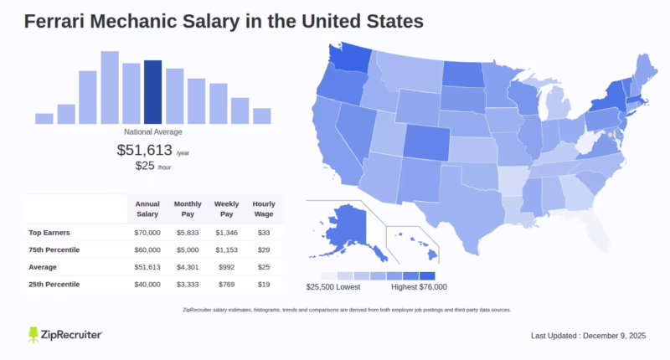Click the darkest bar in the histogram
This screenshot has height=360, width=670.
click(x=152, y=92)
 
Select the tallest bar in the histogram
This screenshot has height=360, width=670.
click(x=110, y=87)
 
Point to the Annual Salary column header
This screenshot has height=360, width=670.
click(x=148, y=208)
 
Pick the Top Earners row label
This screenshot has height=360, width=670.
click(x=49, y=231)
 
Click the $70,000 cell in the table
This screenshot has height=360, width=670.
click(x=148, y=231)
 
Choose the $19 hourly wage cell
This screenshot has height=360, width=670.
click(x=264, y=285)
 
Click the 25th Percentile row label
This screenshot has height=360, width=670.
click(x=54, y=285)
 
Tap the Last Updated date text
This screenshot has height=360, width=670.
click(x=590, y=336)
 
